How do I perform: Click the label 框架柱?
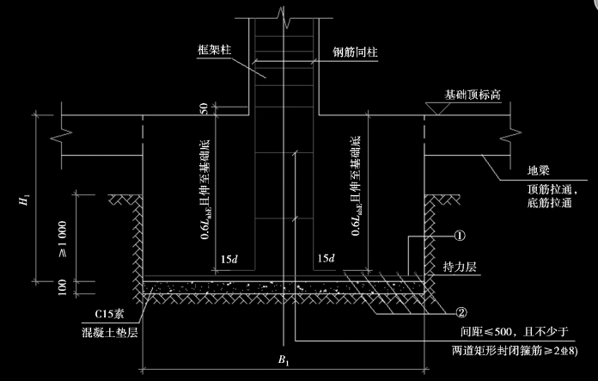[x=214, y=50]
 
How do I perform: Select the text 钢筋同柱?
[x=355, y=52]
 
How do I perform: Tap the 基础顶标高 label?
[x=473, y=95]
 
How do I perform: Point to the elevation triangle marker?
[x=438, y=108]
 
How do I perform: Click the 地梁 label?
[x=539, y=170]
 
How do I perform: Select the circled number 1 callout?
[x=460, y=236]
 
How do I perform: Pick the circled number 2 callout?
[x=461, y=313]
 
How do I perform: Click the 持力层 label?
[x=460, y=267]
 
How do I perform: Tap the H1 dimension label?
[x=24, y=200]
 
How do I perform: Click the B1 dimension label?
[x=284, y=360]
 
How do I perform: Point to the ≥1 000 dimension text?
[x=62, y=239]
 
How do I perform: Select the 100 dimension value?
[x=62, y=287]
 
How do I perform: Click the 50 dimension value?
[x=204, y=108]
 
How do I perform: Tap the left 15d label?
[x=229, y=260]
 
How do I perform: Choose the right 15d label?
[x=326, y=259]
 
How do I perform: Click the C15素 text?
[x=109, y=314]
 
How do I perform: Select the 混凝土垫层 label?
[x=110, y=333]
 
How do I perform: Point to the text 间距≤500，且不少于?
[x=514, y=331]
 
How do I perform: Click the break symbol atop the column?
[x=284, y=17]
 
